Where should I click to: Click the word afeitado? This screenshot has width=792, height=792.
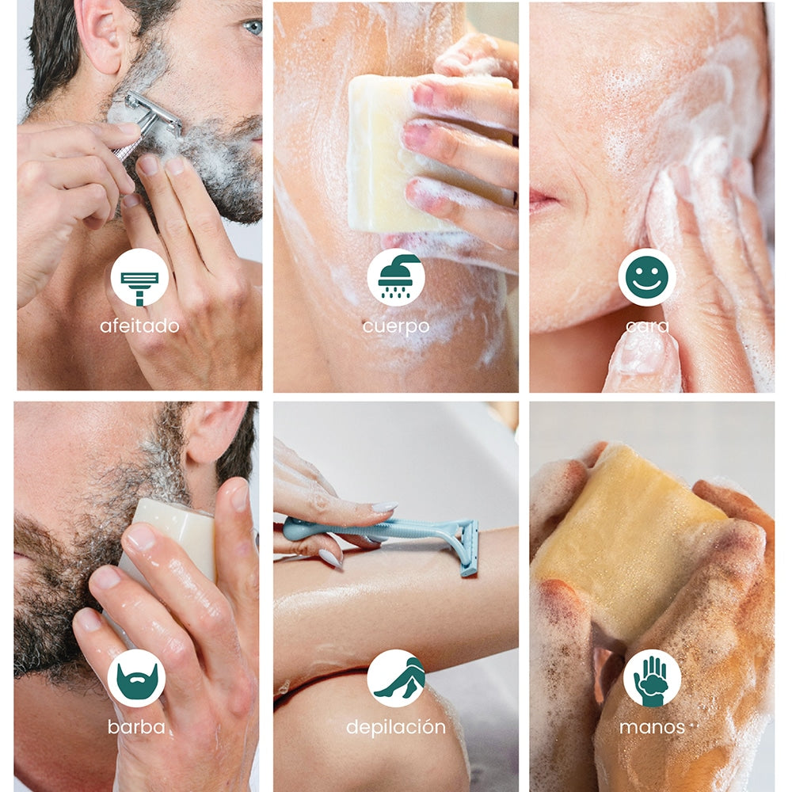(x=139, y=326)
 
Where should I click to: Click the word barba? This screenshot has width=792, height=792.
(x=136, y=727)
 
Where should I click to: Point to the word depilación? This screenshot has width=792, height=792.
(x=396, y=728)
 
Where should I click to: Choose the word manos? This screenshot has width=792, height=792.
(x=652, y=727)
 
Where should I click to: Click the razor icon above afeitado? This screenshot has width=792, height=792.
(x=139, y=288)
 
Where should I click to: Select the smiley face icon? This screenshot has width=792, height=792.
(x=647, y=276)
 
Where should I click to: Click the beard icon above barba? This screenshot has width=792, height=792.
(x=136, y=680)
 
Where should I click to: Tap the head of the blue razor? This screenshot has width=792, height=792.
(x=469, y=549)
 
